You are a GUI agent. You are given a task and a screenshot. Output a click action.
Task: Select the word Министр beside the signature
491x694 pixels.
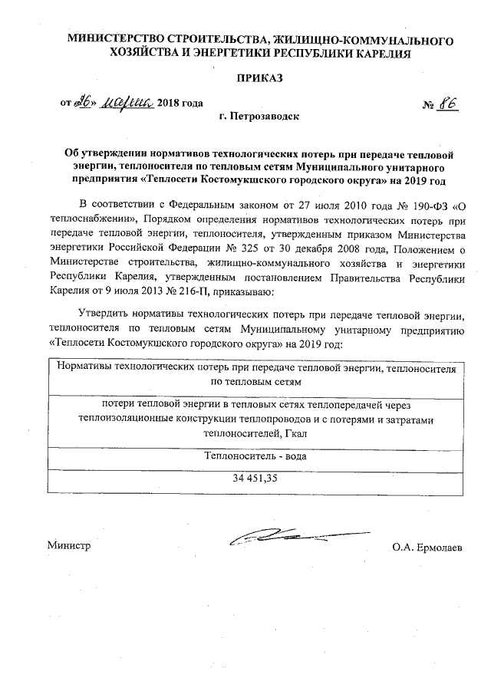tap(68, 546)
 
